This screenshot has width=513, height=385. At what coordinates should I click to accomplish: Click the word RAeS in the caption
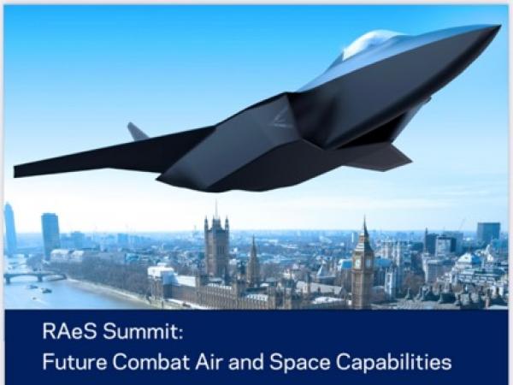70,331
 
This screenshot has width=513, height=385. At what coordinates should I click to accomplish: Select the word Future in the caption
74,362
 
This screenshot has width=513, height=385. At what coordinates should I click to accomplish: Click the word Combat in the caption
151,362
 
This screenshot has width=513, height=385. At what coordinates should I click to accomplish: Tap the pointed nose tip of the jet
499,27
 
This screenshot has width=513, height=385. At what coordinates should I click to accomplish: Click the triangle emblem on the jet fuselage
282,118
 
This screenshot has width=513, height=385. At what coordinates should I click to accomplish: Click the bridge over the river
34,277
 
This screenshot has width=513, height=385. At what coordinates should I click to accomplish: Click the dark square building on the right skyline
488,233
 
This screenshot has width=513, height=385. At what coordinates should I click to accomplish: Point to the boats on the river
40,289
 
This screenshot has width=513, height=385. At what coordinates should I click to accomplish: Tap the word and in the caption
246,362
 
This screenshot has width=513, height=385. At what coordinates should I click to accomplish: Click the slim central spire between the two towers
253,258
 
